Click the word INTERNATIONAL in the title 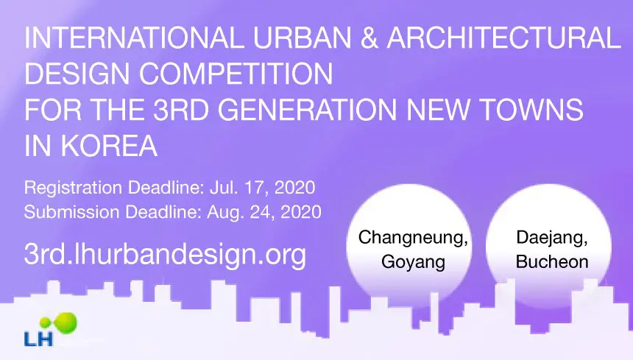134,38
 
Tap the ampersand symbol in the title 368,38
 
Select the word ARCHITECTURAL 503,38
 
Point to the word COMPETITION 236,74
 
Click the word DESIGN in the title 77,74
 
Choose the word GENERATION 308,110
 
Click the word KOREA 109,146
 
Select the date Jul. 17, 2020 263,188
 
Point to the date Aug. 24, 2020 264,212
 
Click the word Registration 73,188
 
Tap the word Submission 72,212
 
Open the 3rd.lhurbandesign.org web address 165,254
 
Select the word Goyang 414,262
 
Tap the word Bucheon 552,262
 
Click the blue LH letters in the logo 38,338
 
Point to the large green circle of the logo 65,323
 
